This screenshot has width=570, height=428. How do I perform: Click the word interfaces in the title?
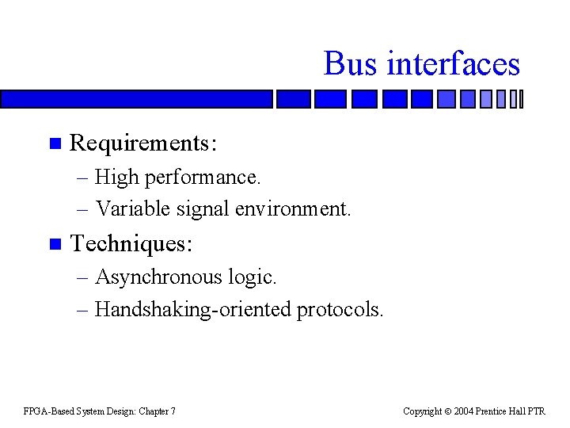point(453,63)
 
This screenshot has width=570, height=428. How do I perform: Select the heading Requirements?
point(143,143)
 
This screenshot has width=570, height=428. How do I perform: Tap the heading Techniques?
point(131,243)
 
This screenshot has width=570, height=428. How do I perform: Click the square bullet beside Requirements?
point(54,144)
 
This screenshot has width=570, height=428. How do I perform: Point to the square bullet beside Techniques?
point(54,244)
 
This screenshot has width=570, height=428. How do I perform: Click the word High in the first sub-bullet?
point(116,178)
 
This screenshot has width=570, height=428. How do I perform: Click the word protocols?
point(340,310)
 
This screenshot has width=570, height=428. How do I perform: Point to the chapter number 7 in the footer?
point(173,411)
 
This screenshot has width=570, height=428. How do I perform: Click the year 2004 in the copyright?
point(464,411)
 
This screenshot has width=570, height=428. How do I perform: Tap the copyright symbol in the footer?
point(447,411)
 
